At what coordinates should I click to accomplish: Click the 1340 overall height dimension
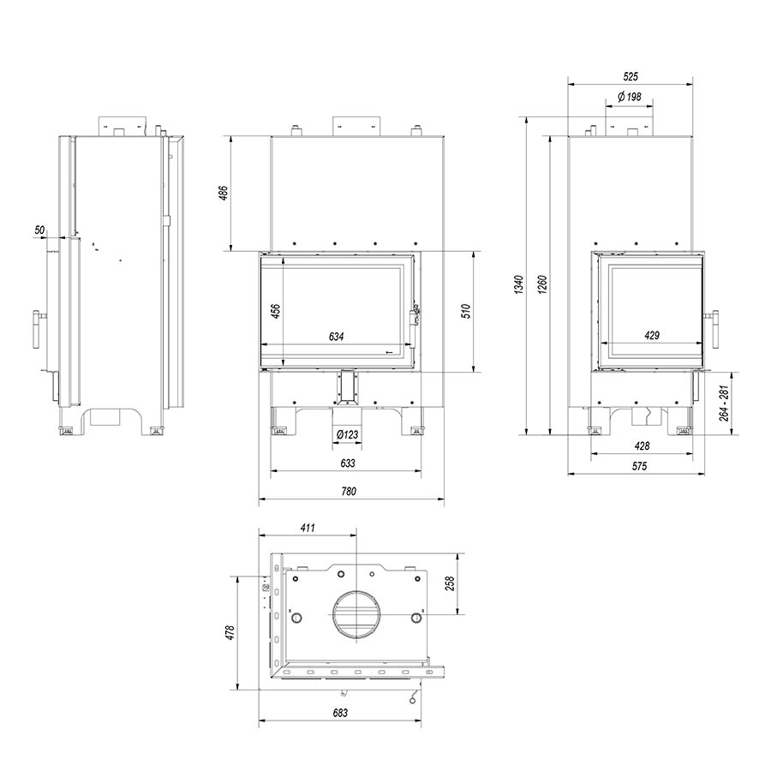(x=521, y=284)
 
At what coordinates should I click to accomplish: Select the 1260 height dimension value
(x=542, y=284)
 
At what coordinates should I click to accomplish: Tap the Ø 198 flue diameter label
(x=630, y=96)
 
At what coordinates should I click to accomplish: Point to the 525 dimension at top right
(x=631, y=76)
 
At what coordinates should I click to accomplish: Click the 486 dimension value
(x=224, y=194)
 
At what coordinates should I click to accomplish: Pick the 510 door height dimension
(x=466, y=311)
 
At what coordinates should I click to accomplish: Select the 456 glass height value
(x=276, y=311)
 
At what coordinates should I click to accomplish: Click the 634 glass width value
(x=337, y=337)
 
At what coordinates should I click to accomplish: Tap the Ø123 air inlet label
(x=348, y=434)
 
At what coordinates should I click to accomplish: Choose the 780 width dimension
(x=349, y=491)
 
